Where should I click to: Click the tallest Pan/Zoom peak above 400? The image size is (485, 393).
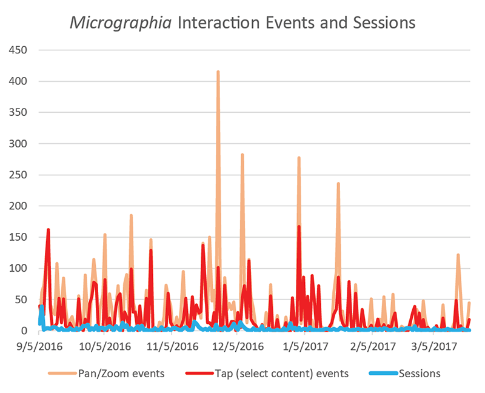[218, 72]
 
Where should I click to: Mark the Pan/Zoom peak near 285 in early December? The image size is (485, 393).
[242, 155]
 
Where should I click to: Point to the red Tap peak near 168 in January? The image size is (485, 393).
[299, 227]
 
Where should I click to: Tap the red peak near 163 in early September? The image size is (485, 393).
[48, 230]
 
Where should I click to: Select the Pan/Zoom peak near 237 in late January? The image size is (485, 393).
[338, 184]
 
